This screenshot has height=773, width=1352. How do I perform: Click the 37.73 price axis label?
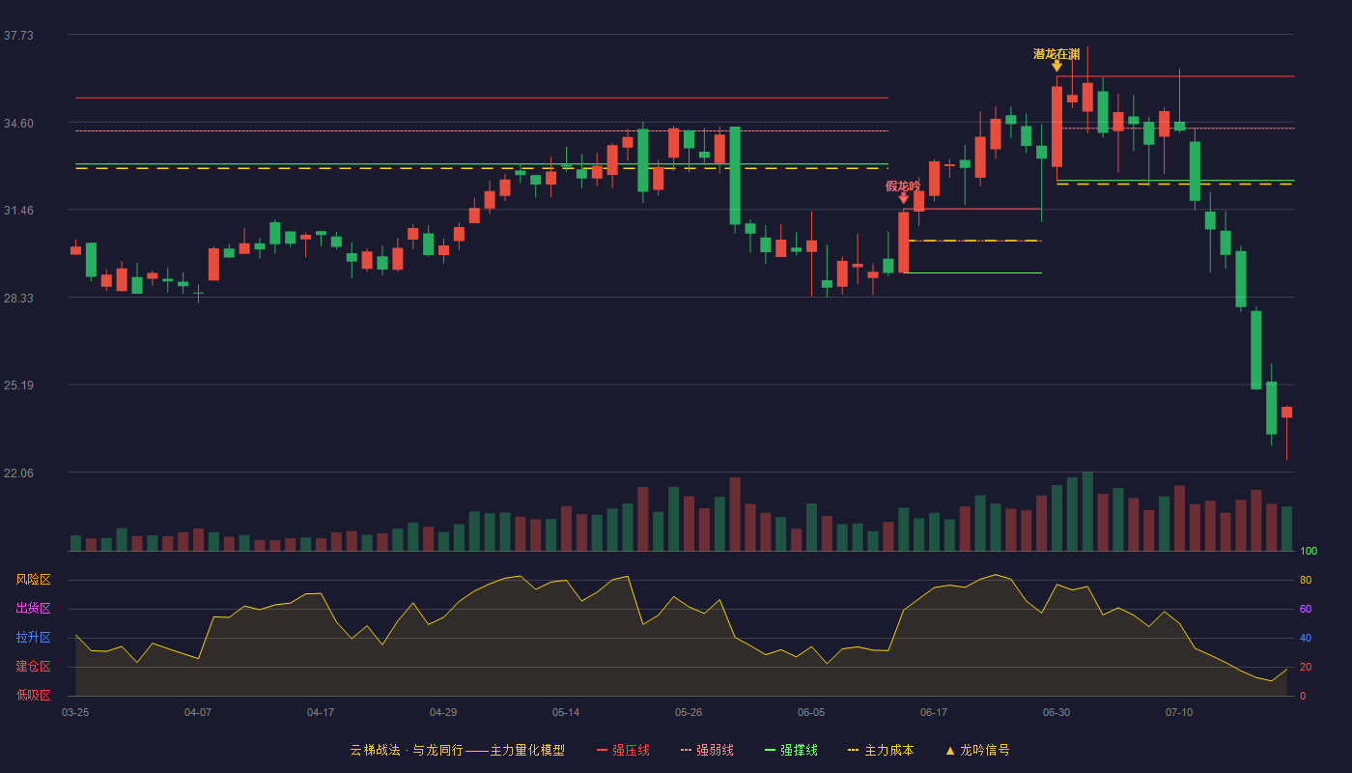tap(18, 36)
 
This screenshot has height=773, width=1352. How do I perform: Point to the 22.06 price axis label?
tap(18, 472)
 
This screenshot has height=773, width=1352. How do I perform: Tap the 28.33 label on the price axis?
tap(18, 299)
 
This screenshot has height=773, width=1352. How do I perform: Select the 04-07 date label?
tap(198, 713)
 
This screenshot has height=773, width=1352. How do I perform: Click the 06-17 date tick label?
tap(934, 713)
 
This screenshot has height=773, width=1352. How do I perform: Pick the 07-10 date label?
tap(1179, 713)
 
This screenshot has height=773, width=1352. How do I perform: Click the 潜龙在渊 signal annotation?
tap(1056, 54)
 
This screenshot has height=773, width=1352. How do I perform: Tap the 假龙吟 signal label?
tap(903, 186)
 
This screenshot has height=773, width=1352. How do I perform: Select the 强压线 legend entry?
tap(624, 750)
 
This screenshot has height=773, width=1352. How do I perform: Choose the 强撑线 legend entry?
tap(791, 750)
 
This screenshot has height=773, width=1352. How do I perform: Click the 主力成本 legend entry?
tap(881, 750)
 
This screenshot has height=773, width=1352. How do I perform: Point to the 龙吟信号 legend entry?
tap(977, 750)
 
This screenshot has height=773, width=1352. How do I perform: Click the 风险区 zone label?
tap(33, 580)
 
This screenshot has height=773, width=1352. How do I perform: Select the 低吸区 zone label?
tap(33, 696)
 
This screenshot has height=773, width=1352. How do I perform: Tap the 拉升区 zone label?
tap(33, 638)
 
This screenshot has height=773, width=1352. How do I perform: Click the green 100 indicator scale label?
tap(1309, 551)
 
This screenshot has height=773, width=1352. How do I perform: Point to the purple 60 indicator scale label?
tap(1306, 609)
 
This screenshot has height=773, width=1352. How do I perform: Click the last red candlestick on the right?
tap(1286, 413)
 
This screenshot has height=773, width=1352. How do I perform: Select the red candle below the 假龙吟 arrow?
tap(904, 243)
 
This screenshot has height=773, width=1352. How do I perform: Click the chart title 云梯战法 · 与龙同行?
tap(407, 750)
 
